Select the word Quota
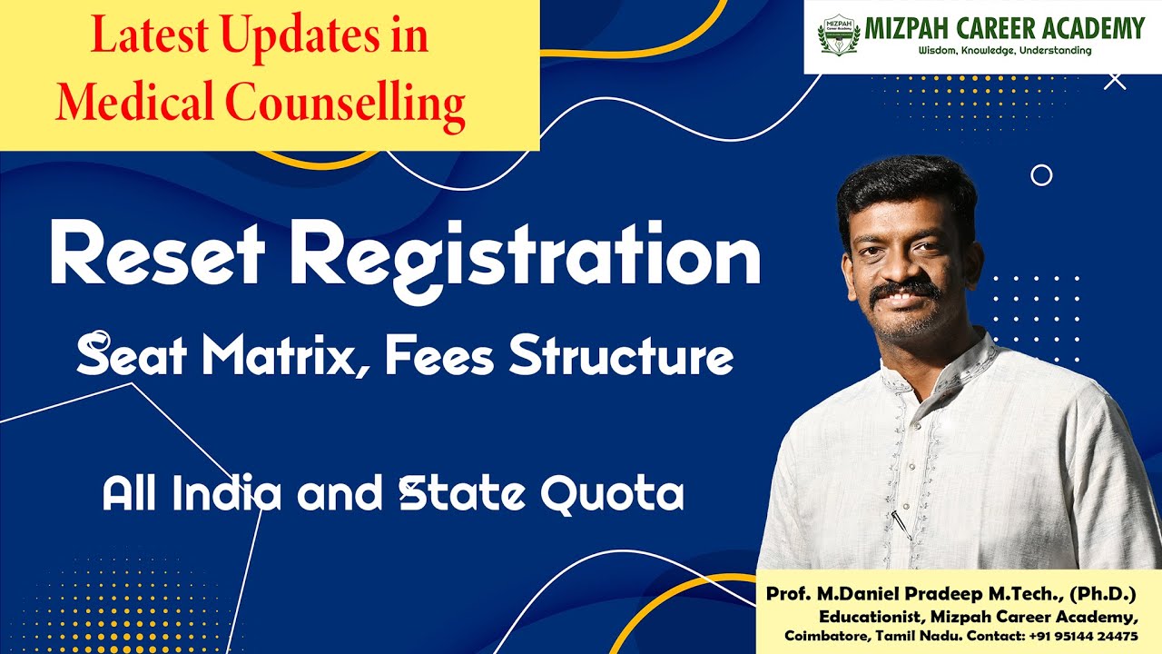coord(612,494)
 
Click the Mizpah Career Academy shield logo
coord(839,35)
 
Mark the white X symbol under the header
coord(1115,81)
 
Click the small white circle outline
coord(1041,175)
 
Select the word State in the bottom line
coord(463,494)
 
